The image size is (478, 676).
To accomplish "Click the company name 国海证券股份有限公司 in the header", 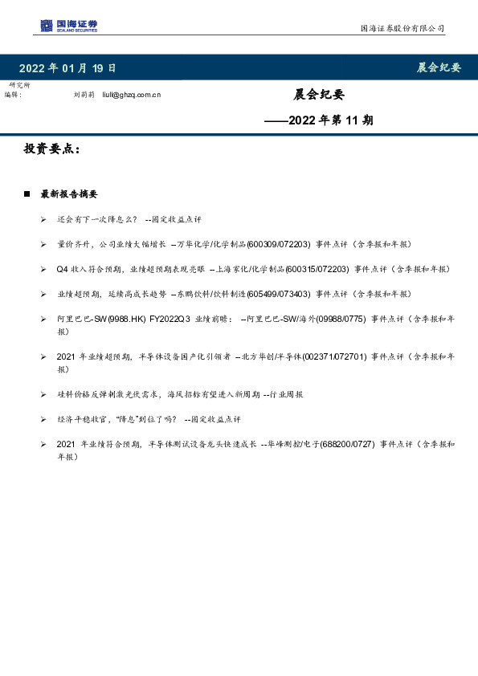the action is (402, 28).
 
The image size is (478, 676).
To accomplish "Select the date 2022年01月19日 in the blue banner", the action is (67, 67).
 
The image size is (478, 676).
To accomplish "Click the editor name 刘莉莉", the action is (84, 95).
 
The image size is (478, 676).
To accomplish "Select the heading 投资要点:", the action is (52, 149).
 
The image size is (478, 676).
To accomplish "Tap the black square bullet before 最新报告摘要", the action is (27, 194).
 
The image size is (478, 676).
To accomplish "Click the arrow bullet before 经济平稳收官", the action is (43, 419).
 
